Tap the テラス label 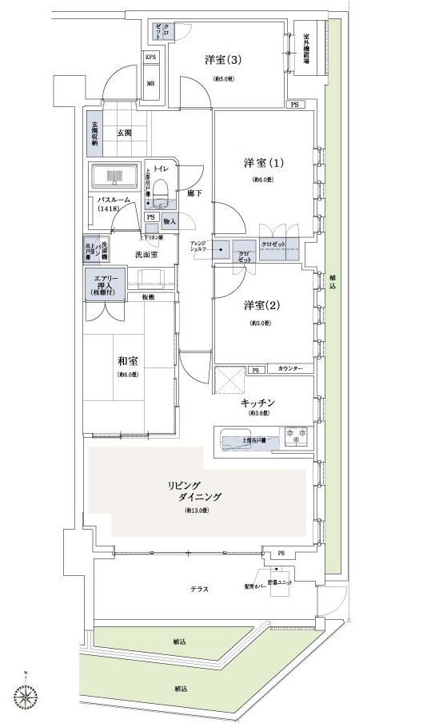click(199, 589)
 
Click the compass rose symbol click(27, 697)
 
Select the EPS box click(150, 57)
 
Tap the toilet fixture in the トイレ click(160, 193)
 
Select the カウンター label click(290, 369)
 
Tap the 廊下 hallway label click(194, 193)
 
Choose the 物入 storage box click(169, 220)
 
